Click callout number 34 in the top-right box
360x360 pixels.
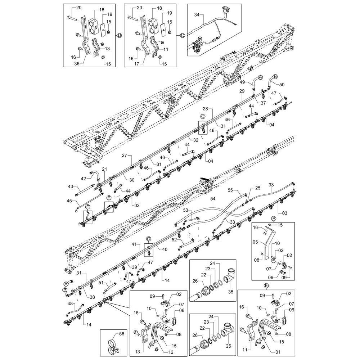coord(196,15)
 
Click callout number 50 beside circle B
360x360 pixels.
coord(282,84)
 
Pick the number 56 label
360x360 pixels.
coord(121,334)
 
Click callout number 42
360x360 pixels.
coord(83,179)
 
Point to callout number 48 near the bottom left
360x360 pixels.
coord(70,303)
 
